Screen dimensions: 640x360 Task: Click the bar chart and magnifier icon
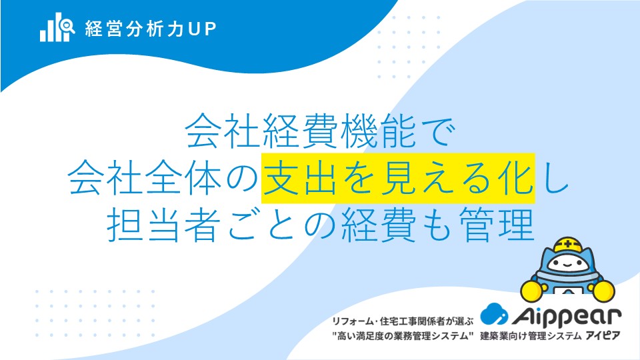point(57,27)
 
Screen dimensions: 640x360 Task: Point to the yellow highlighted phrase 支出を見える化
point(398,178)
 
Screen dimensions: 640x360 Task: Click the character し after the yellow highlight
point(553,178)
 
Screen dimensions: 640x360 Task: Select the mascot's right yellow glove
point(603,290)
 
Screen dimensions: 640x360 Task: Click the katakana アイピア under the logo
point(603,336)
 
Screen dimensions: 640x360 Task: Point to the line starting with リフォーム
point(403,321)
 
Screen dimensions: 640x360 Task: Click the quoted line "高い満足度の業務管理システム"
point(403,336)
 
